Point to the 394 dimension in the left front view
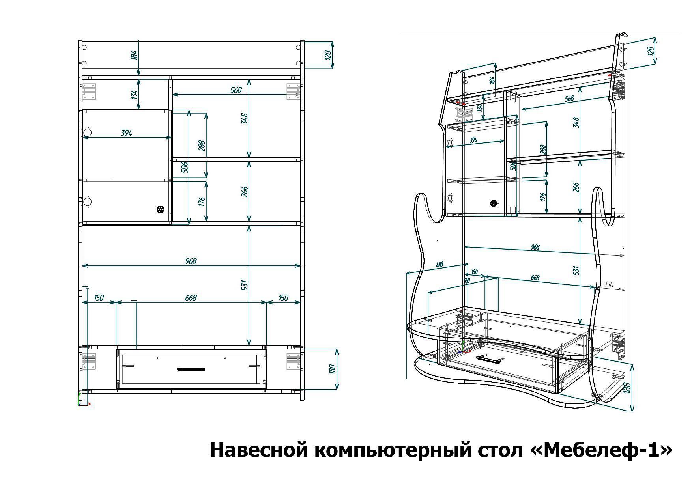pos(126,133)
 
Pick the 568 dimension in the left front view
pos(236,90)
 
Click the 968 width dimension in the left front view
pos(191,261)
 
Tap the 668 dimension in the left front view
pos(191,298)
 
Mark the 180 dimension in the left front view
pos(332,370)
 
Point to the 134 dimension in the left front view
pos(134,95)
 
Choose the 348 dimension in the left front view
pos(245,118)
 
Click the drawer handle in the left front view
pos(191,370)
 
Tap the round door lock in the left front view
pos(160,209)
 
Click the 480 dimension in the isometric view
pos(439,265)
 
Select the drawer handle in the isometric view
pos(490,359)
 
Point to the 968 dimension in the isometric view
pos(535,247)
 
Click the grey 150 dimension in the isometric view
pos(609,284)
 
